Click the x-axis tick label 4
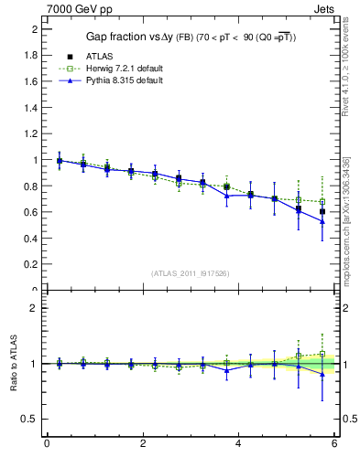239,444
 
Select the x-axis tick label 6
334,444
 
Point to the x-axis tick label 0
47,444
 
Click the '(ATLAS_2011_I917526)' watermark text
190,272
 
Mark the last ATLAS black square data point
322,211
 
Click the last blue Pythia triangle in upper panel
322,221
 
